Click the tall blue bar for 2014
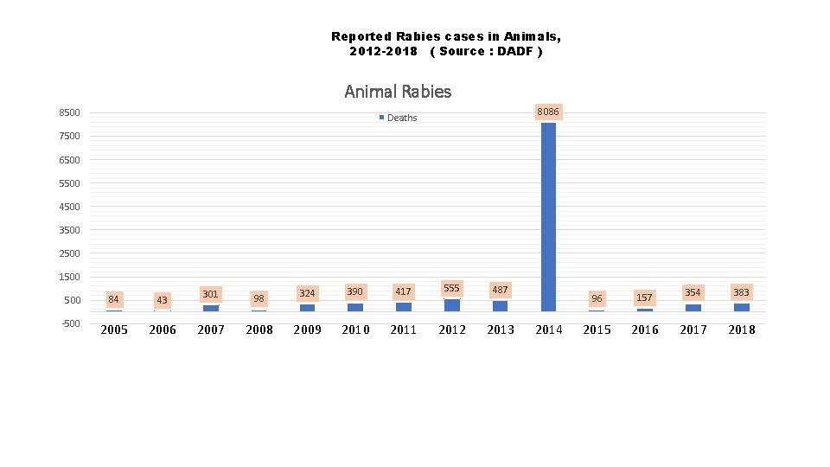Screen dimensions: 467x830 pos(548,216)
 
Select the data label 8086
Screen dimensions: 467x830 pos(548,112)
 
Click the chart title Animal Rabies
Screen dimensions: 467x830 pos(398,91)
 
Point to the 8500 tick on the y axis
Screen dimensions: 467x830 pos(69,112)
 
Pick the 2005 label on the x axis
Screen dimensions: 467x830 pos(114,329)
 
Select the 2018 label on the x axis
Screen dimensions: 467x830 pos(741,329)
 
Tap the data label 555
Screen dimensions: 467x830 pos(451,288)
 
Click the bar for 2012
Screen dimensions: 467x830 pos(452,305)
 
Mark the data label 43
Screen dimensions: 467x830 pos(162,299)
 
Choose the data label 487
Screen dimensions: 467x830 pos(500,290)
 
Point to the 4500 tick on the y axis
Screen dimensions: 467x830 pos(69,207)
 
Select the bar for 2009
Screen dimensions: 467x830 pos(307,307)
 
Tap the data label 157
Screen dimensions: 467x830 pos(644,297)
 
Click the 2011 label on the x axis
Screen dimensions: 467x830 pos(404,329)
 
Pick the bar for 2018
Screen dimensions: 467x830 pos(741,307)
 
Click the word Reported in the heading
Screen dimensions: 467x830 pos(361,36)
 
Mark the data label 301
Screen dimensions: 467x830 pos(210,294)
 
